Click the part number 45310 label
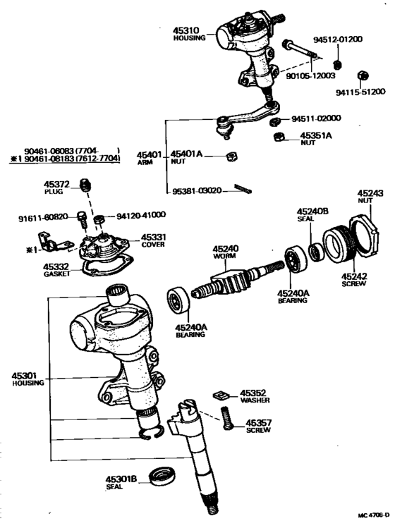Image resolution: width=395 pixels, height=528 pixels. click(186, 30)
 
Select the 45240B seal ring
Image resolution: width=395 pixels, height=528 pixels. click(317, 252)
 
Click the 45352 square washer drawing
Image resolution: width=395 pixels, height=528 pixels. click(220, 394)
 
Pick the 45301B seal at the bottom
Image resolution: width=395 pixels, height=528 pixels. click(162, 476)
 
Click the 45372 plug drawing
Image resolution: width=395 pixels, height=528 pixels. click(85, 185)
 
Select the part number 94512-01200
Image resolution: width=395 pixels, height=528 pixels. click(338, 39)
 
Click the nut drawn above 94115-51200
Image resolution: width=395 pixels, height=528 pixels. click(363, 75)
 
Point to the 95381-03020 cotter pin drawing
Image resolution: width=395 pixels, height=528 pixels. click(243, 189)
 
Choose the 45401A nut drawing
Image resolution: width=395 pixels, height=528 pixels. click(231, 156)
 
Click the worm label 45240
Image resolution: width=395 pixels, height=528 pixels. click(226, 249)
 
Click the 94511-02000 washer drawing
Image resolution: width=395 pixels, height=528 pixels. click(275, 121)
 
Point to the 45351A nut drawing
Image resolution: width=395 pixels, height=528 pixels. click(279, 137)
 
